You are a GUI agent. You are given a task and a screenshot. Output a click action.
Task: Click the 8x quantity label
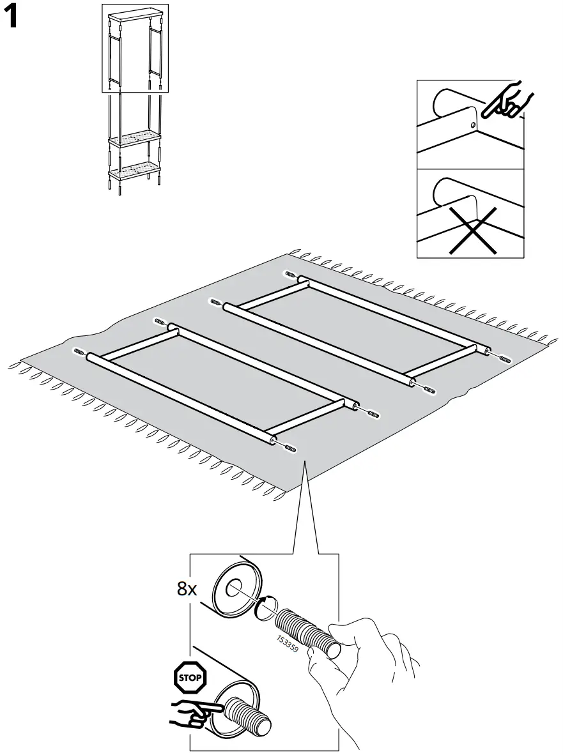tap(187, 589)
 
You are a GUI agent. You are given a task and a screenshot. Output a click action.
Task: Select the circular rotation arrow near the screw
tap(265, 607)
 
